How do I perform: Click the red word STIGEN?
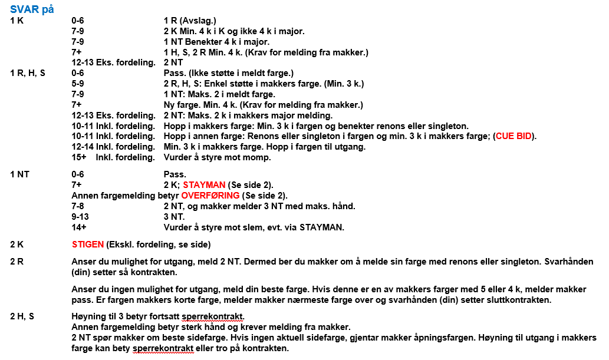[x=88, y=245]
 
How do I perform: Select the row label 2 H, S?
[x=22, y=316]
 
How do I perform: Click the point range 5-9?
[x=77, y=84]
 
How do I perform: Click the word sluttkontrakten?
[x=523, y=300]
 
